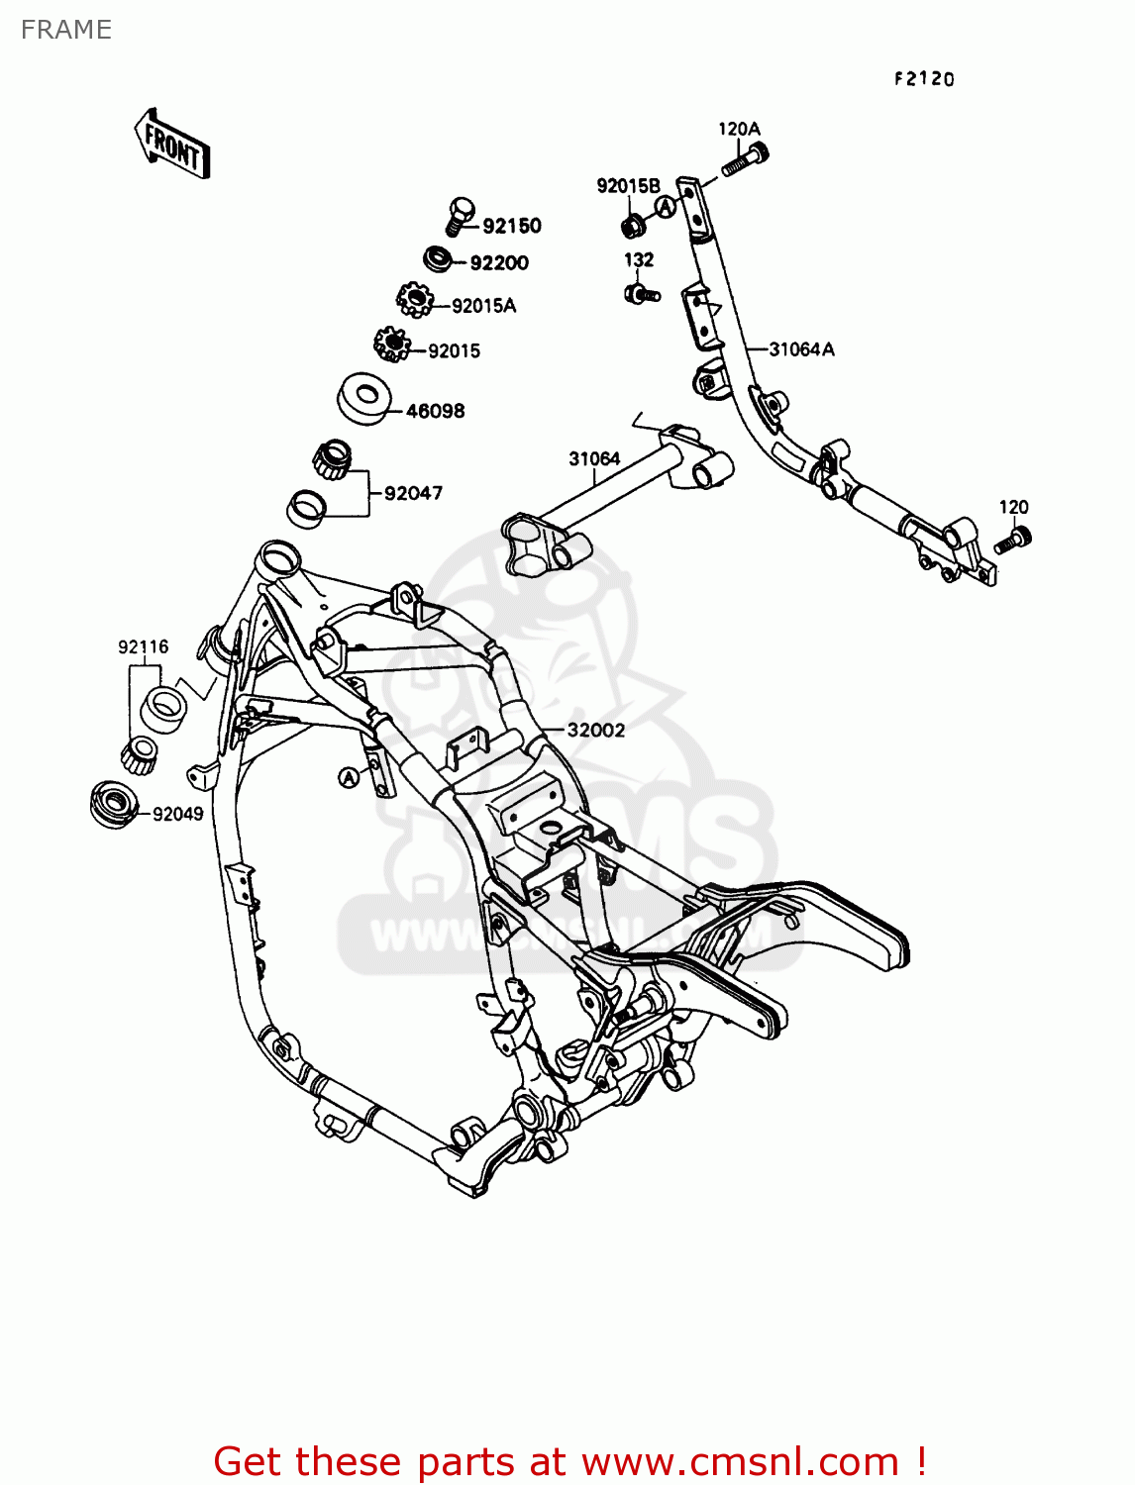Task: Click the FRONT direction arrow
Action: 172,145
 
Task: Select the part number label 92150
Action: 511,226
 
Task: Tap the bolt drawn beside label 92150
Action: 460,215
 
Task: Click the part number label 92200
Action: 499,262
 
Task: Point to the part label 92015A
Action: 483,306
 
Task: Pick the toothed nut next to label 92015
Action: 392,345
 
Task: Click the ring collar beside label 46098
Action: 363,398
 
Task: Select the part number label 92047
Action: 413,493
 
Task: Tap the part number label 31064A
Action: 801,349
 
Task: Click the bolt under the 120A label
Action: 745,159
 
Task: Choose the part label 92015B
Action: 628,186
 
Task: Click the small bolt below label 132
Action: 641,293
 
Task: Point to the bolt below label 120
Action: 1014,540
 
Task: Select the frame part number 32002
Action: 595,731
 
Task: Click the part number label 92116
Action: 144,647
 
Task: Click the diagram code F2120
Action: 924,79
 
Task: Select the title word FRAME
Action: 65,30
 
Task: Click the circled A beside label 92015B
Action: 667,206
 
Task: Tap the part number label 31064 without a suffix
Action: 594,459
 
